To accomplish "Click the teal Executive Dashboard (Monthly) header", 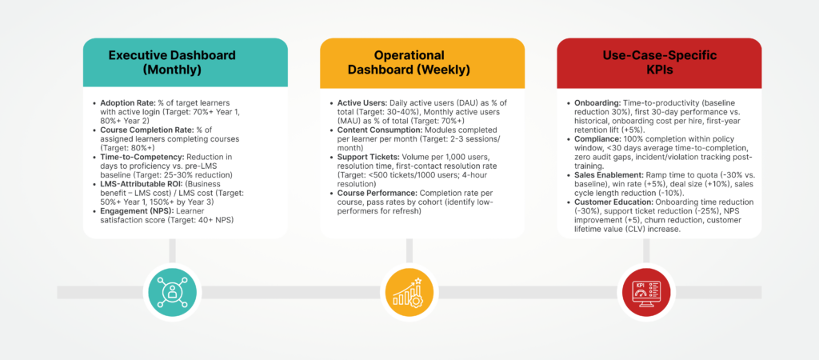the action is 185,62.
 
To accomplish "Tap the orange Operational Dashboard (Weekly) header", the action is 422,62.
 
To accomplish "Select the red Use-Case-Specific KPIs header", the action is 659,62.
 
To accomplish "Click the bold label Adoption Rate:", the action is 125,103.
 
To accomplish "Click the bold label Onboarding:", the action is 593,103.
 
